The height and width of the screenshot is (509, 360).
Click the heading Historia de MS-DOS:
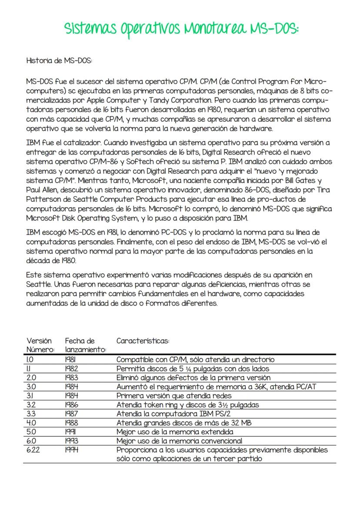coord(59,61)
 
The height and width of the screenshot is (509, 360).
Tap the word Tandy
coord(172,99)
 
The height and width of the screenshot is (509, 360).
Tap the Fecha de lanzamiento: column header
coord(86,345)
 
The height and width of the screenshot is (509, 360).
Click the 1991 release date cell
coord(71,432)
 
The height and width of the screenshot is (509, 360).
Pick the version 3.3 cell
coord(31,414)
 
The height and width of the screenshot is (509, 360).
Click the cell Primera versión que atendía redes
coord(174,396)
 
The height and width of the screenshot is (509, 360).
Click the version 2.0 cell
coord(31,377)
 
